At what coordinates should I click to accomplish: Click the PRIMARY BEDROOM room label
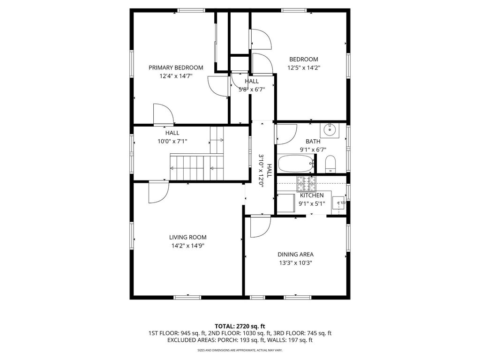[x=176, y=67]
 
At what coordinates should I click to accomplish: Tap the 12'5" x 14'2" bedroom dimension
[x=304, y=67]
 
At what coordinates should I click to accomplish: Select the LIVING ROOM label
[x=187, y=237]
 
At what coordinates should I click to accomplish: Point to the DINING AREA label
[x=295, y=255]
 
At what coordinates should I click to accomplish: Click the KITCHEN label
[x=312, y=195]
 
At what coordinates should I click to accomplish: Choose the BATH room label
[x=313, y=142]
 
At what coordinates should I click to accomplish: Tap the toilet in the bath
[x=330, y=165]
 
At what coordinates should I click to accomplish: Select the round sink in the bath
[x=330, y=130]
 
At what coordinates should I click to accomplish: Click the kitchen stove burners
[x=306, y=184]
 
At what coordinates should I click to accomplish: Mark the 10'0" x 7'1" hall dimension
[x=172, y=142]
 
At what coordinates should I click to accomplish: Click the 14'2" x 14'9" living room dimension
[x=187, y=246]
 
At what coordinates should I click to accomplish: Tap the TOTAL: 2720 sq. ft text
[x=240, y=326]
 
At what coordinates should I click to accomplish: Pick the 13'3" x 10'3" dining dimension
[x=295, y=262]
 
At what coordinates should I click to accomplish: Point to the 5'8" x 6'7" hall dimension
[x=252, y=90]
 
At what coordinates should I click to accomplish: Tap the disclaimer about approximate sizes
[x=240, y=350]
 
